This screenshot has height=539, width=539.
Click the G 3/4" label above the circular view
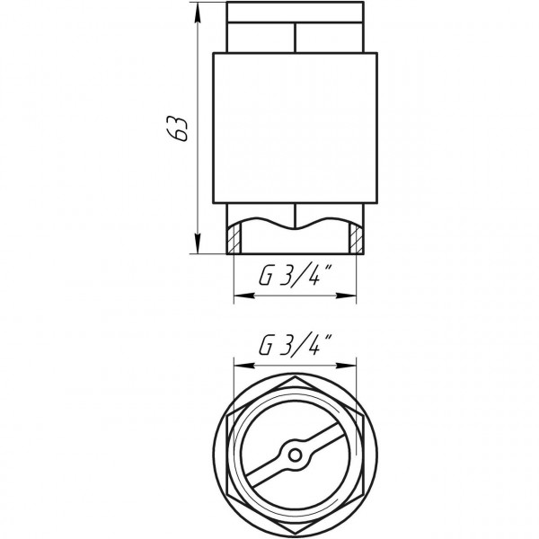(x=293, y=345)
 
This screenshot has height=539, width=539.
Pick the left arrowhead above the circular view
(x=236, y=366)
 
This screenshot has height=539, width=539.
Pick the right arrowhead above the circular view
(x=352, y=366)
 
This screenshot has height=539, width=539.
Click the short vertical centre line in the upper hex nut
(x=295, y=36)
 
